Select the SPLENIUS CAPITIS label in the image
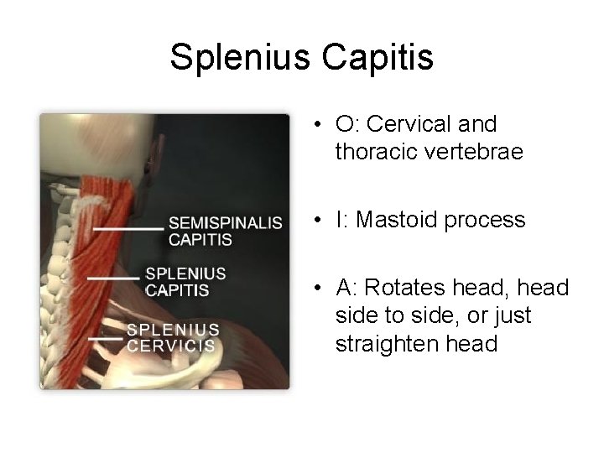pyautogui.click(x=185, y=282)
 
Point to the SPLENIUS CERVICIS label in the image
pyautogui.click(x=173, y=337)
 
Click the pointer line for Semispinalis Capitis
pyautogui.click(x=128, y=227)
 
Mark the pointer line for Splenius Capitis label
pyautogui.click(x=112, y=276)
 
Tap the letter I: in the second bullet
pyautogui.click(x=340, y=220)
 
